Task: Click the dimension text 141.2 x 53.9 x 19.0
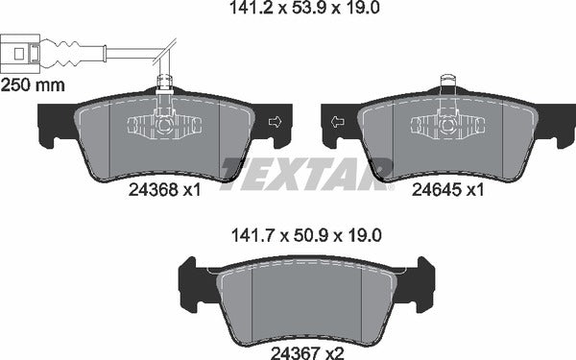289,12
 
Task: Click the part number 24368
151,190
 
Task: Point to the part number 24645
432,190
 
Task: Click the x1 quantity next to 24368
191,190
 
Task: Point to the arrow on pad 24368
275,122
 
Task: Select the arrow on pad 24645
336,122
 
